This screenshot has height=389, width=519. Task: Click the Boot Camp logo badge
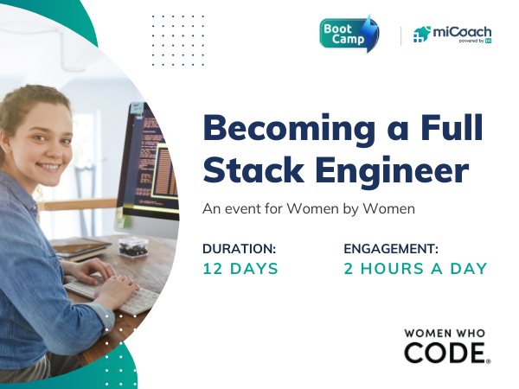coord(349,34)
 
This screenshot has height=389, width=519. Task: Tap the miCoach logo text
coord(462,32)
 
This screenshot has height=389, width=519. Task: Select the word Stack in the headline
coord(253,169)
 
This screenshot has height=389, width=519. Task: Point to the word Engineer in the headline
coord(392,172)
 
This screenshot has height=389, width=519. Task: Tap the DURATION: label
coord(239,249)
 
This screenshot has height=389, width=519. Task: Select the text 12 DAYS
coord(240,269)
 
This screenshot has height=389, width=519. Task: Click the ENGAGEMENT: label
coord(391,249)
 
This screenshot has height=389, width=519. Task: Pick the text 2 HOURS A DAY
coord(415,269)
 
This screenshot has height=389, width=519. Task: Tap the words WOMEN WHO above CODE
coord(445,333)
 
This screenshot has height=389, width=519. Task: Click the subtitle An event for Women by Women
coord(309,209)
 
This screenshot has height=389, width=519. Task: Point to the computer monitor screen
coord(153,163)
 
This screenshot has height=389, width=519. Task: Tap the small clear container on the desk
coord(133,246)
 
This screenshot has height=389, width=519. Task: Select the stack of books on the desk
coord(81,248)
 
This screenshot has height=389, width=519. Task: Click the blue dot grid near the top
coord(178,41)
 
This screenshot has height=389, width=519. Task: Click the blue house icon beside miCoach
coord(422,35)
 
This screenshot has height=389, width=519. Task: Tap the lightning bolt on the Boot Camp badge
coord(369,33)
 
